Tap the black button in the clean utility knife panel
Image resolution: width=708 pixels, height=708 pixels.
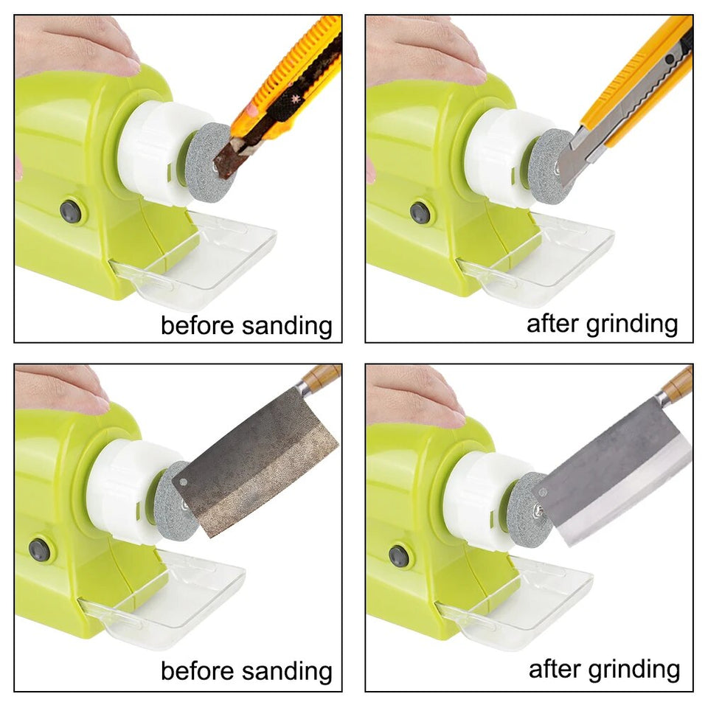pos(420,212)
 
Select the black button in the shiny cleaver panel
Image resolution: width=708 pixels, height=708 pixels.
pos(400,555)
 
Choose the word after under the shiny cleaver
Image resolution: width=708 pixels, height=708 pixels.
pos(554,669)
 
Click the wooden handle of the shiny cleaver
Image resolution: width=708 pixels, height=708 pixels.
pos(677,385)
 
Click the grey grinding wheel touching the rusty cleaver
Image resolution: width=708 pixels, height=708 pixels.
pos(171,502)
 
